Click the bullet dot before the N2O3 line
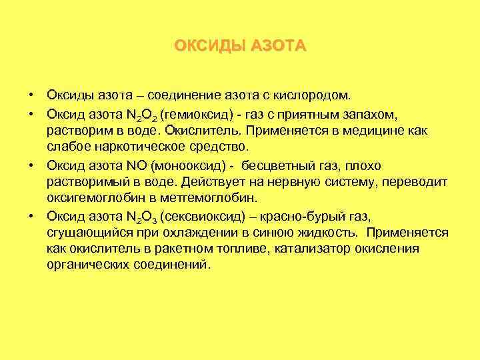pos(32,215)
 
